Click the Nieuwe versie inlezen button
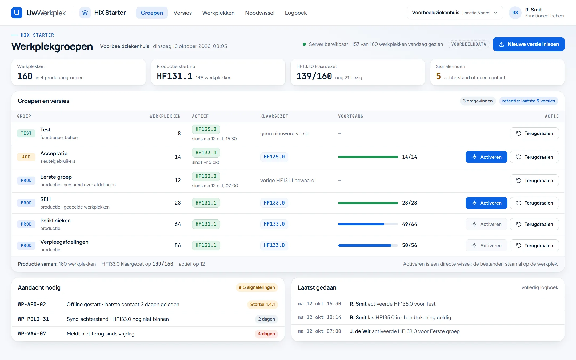(529, 44)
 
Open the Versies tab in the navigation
(182, 13)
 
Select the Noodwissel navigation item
(259, 13)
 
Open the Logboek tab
(296, 13)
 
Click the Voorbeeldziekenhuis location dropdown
(455, 13)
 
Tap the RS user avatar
(515, 13)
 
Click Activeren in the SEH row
(486, 203)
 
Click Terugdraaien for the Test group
(534, 133)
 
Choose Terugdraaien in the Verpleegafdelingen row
(534, 246)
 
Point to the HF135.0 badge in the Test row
(206, 129)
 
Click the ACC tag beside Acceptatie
(26, 157)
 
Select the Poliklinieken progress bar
(368, 224)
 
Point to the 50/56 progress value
(410, 245)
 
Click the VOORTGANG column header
(351, 116)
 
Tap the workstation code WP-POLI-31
(33, 319)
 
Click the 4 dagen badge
(266, 334)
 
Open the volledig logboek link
(540, 287)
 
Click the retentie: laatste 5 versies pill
(529, 101)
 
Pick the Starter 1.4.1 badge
(262, 305)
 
